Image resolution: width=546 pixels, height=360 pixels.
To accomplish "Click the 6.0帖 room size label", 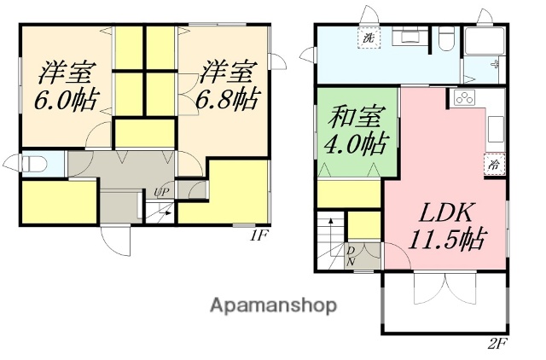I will [x=63, y=100].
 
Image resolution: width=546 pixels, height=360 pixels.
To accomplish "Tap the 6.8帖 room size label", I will [x=229, y=100].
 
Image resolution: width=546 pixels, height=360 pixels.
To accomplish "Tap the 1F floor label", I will [x=259, y=236].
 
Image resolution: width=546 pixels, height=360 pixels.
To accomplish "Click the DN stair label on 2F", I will [x=351, y=256].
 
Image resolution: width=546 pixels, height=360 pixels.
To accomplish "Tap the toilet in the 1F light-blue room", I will [x=31, y=163].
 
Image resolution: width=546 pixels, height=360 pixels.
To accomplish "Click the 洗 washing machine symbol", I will [x=369, y=38].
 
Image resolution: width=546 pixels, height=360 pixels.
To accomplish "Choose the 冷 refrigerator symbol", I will [x=493, y=165].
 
